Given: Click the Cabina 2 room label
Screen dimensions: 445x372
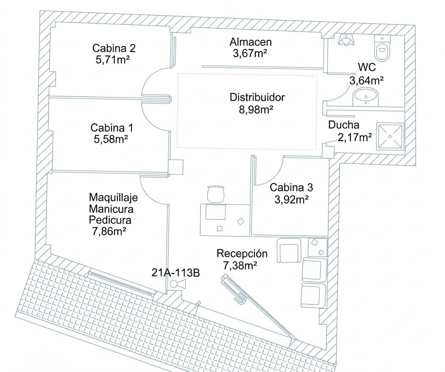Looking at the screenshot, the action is pos(114,48).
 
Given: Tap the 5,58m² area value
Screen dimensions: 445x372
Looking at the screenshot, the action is pos(111,139).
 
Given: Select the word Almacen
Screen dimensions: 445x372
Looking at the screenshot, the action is pos(251,42).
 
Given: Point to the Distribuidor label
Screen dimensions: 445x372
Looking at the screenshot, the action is pos(257,97).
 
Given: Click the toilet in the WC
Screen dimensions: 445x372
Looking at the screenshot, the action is pos(382,48).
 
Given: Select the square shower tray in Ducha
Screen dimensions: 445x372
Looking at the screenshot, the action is pos(390,136).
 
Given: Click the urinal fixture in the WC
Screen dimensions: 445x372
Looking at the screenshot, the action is pos(346,40).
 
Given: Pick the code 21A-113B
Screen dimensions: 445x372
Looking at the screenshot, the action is pos(176,273).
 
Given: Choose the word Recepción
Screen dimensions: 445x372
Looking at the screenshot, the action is pos(242,253).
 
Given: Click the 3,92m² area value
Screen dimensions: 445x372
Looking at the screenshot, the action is pos(291,199).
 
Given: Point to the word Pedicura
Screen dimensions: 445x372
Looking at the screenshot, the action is pos(110,220).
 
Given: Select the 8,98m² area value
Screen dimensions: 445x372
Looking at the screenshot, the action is pos(256,109).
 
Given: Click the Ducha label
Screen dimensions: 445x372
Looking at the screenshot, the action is pos(344,125).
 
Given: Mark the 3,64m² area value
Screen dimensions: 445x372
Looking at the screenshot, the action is pos(367,80).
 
